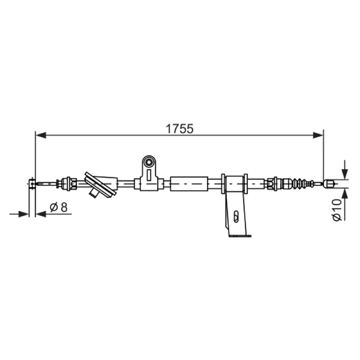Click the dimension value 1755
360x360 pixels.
pos(180,129)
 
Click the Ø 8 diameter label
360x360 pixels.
pos(58,207)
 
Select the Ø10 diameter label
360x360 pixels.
pos(337,210)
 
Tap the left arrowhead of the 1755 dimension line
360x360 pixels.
pos(41,135)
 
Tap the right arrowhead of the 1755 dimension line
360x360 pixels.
pos(318,135)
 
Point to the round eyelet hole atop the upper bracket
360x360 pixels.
pos(149,162)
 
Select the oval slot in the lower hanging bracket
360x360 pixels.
pos(236,216)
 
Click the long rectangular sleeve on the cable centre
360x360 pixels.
pos(189,184)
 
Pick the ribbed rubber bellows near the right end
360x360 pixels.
pos(299,183)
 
